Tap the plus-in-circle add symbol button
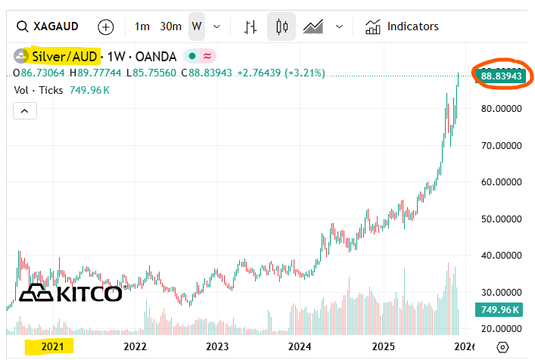(x=106, y=26)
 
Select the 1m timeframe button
(x=142, y=26)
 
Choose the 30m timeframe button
(x=170, y=26)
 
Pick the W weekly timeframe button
(x=197, y=26)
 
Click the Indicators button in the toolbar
(x=403, y=26)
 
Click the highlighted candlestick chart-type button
(x=282, y=26)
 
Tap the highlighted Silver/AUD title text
(x=64, y=56)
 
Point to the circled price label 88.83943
(x=502, y=76)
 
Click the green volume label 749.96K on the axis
(x=499, y=309)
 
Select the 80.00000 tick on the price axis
(x=501, y=108)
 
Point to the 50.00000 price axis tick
(x=501, y=219)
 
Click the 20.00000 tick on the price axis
(x=501, y=328)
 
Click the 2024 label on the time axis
(x=300, y=346)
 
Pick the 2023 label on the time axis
(x=217, y=346)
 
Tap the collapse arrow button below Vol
(x=24, y=111)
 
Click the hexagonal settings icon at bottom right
(x=503, y=346)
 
